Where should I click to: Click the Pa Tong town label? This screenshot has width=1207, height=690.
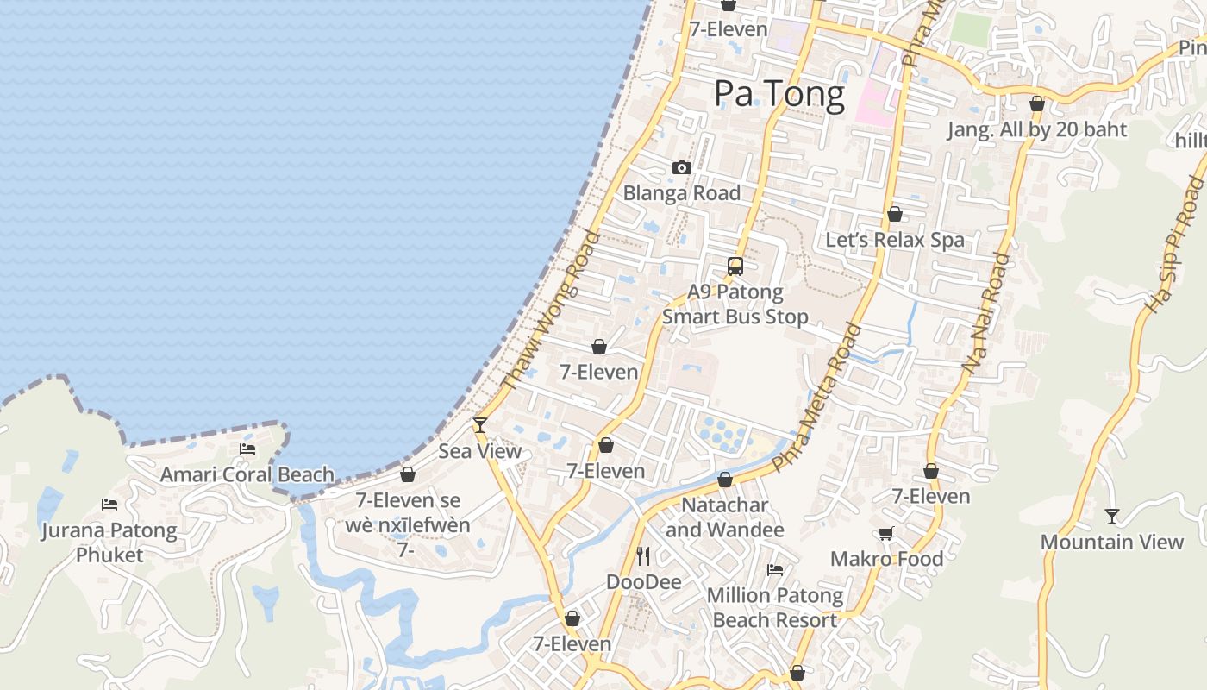779,93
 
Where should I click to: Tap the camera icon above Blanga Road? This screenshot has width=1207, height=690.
682,167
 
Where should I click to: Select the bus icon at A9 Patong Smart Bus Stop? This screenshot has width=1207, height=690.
735,267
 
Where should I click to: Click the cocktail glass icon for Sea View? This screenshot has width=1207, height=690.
480,424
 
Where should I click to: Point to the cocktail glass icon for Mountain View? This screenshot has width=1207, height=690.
1112,516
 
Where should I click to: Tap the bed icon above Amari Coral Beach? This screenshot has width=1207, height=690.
247,448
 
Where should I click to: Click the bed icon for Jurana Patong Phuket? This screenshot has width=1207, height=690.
109,504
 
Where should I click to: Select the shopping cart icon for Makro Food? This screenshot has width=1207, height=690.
885,533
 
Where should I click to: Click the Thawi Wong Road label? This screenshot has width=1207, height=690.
550,310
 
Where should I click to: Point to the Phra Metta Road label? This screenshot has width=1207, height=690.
817,398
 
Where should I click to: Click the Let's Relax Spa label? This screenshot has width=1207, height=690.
895,240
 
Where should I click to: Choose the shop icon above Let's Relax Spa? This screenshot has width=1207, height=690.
895,214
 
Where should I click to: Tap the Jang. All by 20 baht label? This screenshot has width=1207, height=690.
1037,129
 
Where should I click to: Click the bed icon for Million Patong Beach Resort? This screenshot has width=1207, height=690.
775,569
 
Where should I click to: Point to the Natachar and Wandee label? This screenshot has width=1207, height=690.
724,517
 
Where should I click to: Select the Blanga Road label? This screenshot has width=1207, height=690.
682,192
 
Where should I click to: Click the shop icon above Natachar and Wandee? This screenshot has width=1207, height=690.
725,480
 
